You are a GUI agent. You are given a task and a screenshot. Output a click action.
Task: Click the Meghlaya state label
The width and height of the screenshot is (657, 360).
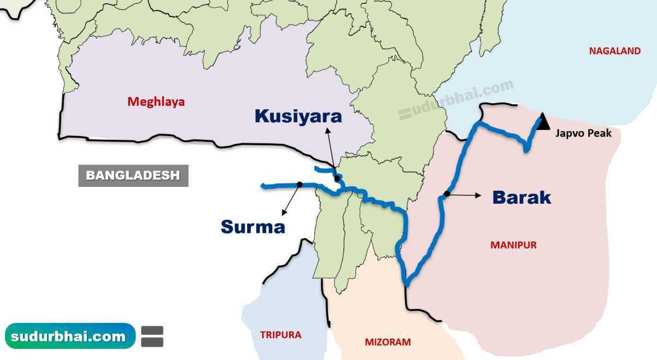(156, 102)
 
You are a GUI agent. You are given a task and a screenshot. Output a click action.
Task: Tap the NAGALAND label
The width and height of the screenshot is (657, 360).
(614, 51)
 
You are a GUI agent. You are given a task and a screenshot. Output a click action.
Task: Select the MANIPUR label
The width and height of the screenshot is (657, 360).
(513, 245)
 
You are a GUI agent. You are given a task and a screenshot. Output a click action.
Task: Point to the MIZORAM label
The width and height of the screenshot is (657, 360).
(388, 343)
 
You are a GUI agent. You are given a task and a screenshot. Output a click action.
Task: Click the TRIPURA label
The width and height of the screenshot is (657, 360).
(280, 335)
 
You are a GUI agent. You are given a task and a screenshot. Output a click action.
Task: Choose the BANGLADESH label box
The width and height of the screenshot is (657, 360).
(133, 176)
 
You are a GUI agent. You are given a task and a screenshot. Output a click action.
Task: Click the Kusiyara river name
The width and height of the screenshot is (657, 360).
(298, 116)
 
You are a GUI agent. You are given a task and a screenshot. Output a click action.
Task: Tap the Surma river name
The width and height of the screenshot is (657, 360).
(253, 226)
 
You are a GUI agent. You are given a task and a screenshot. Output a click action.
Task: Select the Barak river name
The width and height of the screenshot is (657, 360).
(521, 197)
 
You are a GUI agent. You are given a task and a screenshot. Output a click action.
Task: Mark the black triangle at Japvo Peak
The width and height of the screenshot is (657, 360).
(542, 123)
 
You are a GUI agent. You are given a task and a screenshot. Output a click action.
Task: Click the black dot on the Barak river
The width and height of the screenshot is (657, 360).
(447, 194)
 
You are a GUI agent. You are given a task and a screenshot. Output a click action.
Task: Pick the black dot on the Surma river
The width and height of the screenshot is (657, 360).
(300, 185)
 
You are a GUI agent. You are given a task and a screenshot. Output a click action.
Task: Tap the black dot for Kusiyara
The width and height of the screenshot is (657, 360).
(337, 179)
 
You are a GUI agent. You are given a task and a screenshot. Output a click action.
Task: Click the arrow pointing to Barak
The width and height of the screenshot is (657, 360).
(465, 194)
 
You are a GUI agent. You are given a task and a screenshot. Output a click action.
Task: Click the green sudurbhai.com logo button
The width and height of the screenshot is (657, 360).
(70, 336)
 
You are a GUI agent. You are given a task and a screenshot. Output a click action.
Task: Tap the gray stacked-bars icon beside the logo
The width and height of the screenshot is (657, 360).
(152, 337)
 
